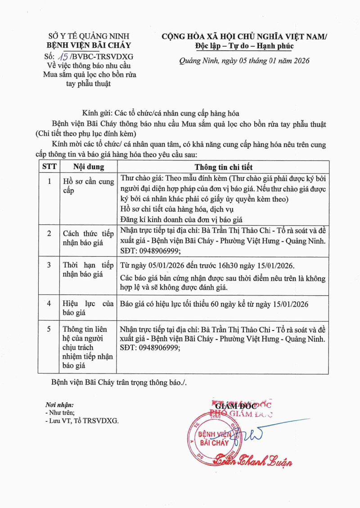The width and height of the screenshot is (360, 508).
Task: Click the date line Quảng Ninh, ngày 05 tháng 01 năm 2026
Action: tap(244, 61)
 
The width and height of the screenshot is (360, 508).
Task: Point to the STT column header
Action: tap(49, 166)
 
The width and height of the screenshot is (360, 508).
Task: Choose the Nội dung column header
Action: tap(89, 166)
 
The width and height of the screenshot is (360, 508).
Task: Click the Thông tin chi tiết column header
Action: tap(223, 166)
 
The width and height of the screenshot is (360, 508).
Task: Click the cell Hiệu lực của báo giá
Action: tap(89, 308)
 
